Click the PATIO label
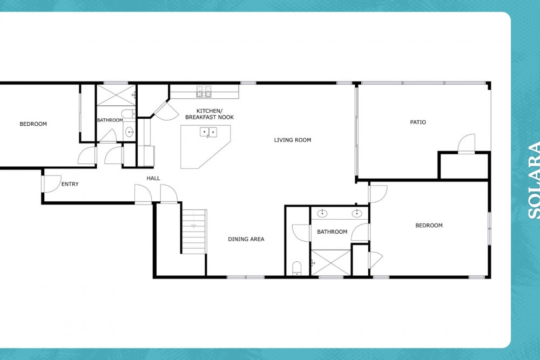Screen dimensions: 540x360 [x=418, y=122]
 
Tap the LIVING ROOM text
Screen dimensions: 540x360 [x=292, y=140]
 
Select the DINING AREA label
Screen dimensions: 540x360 [x=246, y=239]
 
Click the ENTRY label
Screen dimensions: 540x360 [x=70, y=184]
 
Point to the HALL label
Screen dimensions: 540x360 [x=153, y=178]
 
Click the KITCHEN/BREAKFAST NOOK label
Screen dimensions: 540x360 [x=210, y=114]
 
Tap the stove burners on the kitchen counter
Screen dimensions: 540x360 [x=204, y=92]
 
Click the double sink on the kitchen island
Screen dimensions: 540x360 [x=208, y=132]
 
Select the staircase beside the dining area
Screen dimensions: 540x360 [x=194, y=232]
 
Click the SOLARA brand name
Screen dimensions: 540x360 [x=534, y=181]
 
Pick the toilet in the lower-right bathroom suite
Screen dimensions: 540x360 [x=296, y=268]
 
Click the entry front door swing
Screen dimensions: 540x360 [x=52, y=184]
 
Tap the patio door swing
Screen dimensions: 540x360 [x=467, y=143]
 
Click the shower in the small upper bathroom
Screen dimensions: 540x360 [x=116, y=96]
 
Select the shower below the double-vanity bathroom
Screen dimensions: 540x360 [x=330, y=263]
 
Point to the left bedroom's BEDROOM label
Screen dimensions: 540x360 [x=33, y=124]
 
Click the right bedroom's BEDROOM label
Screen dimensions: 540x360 [x=429, y=226]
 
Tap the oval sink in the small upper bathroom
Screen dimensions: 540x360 [x=129, y=132]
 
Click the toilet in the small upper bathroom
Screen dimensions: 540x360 [x=129, y=113]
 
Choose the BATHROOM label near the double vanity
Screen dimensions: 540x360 [x=332, y=232]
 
